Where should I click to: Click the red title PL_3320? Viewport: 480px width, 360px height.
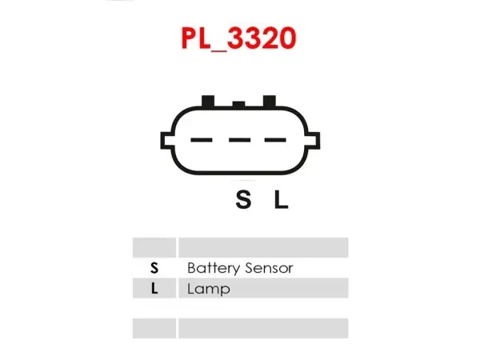[x=238, y=38]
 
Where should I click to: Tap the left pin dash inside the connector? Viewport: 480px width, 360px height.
[x=202, y=140]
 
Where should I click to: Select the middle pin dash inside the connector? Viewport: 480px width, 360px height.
[x=240, y=140]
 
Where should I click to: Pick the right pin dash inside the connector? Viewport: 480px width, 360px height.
[x=275, y=140]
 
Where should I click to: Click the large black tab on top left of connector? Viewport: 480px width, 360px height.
[x=208, y=101]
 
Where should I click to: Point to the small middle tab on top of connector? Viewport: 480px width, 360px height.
[x=238, y=104]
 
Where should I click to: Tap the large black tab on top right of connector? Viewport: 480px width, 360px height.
[x=270, y=101]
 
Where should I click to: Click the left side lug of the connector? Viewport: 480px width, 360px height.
[x=166, y=141]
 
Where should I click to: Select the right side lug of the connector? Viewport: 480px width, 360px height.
[x=313, y=141]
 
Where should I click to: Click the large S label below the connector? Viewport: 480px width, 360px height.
[x=243, y=199]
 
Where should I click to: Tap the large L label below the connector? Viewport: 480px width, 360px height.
[x=281, y=199]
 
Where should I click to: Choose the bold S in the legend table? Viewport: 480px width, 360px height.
[x=154, y=268]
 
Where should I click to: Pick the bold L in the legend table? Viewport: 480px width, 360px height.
[x=154, y=288]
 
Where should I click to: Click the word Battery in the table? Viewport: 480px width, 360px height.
[x=214, y=268]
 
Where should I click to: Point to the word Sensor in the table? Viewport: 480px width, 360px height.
[x=269, y=268]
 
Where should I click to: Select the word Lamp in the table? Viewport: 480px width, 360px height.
[x=209, y=289]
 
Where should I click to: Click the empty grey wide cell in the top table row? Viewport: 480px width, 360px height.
[x=263, y=247]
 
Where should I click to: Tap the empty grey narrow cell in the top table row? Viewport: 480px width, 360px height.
[x=154, y=247]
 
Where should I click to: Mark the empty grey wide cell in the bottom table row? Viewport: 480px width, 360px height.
[x=263, y=329]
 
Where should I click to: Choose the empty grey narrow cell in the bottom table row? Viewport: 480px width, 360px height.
[x=154, y=329]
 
